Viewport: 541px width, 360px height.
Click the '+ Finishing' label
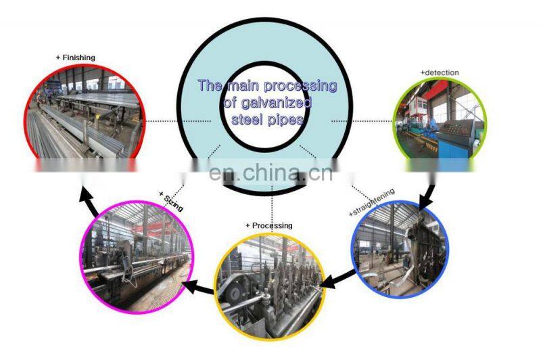75,58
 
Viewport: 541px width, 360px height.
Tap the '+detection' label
440,72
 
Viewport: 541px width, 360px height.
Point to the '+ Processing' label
269,225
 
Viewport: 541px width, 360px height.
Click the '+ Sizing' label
170,202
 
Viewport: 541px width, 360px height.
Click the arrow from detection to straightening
428,189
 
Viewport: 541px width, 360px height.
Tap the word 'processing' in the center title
299,87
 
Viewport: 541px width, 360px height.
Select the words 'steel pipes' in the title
266,118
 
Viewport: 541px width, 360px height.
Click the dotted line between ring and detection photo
362,121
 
